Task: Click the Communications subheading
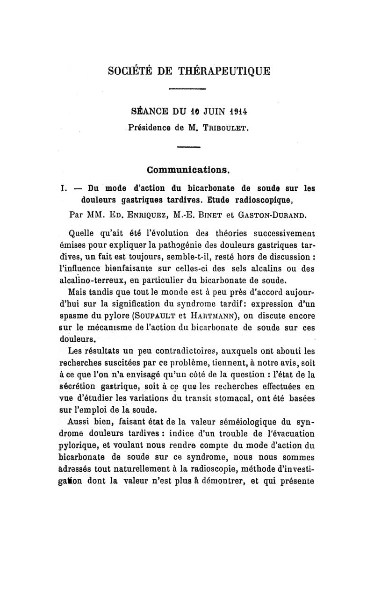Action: [188, 169]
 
